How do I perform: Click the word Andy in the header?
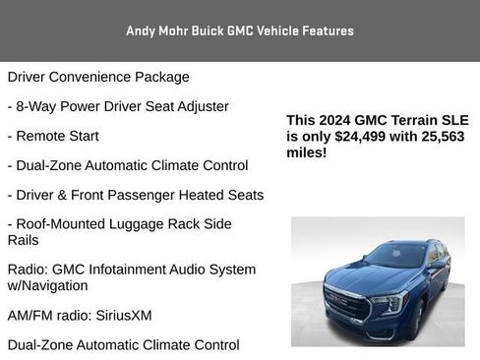point(142,31)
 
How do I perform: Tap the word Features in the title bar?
point(328,31)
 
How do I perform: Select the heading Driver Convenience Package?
point(98,77)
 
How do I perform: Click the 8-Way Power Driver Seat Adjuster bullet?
point(118,106)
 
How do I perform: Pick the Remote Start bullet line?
point(53,136)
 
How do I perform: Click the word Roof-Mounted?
point(62,224)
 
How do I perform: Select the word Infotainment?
point(148,270)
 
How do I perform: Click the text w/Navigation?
point(47,285)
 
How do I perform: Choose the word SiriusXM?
point(122,316)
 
